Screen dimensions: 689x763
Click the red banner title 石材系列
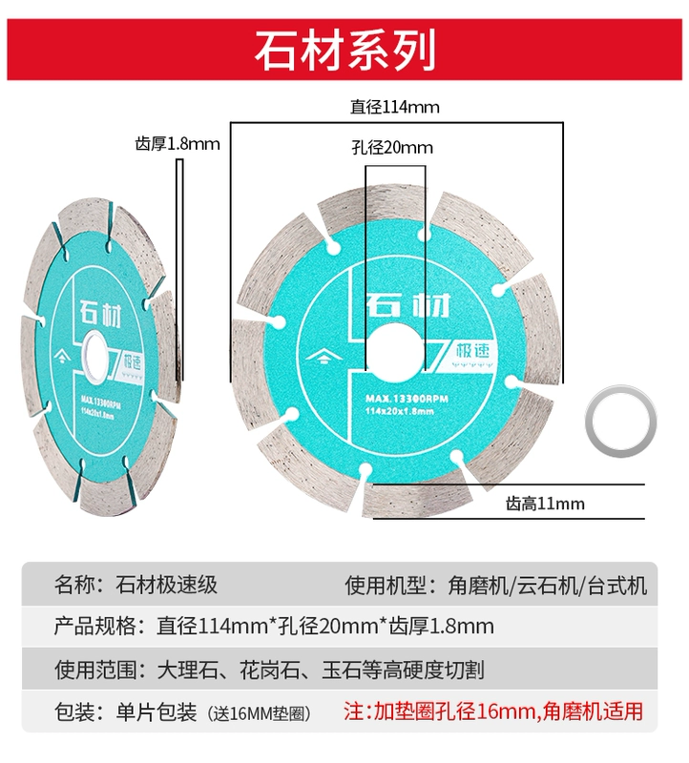coord(344,50)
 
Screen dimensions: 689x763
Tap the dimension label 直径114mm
coord(394,107)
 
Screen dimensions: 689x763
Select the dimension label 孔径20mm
coord(392,148)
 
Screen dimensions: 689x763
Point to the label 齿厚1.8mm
coord(177,144)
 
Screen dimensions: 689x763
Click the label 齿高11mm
coord(545,504)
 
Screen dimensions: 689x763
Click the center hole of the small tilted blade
coord(94,355)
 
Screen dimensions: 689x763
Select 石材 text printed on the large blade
coord(407,304)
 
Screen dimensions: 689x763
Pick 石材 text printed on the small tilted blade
coord(101,314)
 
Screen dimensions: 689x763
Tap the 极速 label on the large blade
coord(472,351)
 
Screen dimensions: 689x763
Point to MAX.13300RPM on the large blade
coord(407,399)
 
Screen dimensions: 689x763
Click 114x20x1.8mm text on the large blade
coord(399,412)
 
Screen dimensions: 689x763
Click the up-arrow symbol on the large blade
coord(324,359)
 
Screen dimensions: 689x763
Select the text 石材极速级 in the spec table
coord(167,585)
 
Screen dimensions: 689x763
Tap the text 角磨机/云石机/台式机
coord(548,586)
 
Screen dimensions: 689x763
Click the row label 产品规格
coord(94,627)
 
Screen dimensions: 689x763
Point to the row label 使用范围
coord(94,670)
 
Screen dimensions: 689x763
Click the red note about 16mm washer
coord(493,711)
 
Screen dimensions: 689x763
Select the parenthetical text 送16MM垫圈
coord(259,713)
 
